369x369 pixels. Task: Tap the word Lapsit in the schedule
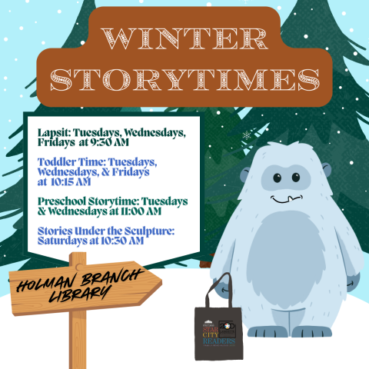[x=53, y=133]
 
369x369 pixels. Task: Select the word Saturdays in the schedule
[x=63, y=241]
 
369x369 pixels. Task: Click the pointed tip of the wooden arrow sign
[x=159, y=284]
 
